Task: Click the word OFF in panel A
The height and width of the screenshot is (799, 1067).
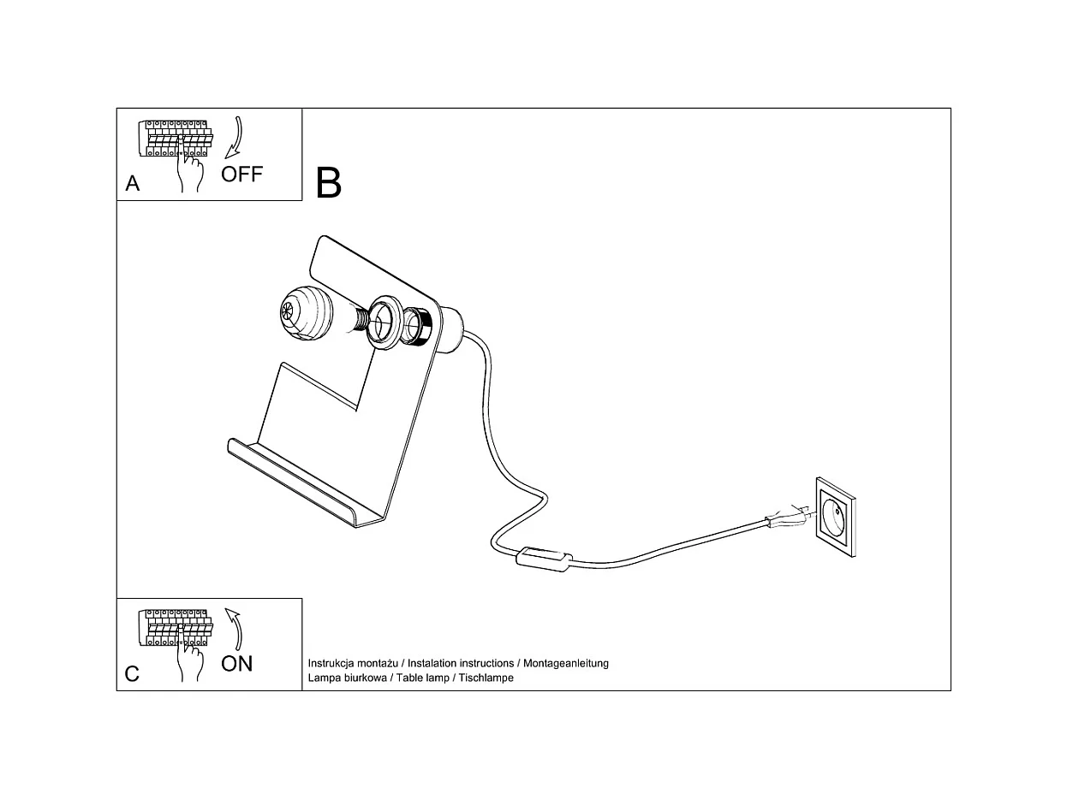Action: pyautogui.click(x=241, y=175)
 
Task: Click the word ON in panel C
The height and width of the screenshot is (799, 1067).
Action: pyautogui.click(x=237, y=663)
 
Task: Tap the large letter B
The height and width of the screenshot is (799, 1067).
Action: pyautogui.click(x=329, y=183)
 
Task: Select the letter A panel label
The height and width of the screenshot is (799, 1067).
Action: pyautogui.click(x=133, y=183)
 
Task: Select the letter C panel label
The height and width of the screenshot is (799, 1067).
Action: pyautogui.click(x=132, y=674)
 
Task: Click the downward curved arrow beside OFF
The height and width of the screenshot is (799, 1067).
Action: pyautogui.click(x=235, y=137)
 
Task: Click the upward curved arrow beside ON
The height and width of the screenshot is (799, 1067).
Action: pyautogui.click(x=234, y=629)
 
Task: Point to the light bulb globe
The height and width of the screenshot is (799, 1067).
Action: pyautogui.click(x=306, y=312)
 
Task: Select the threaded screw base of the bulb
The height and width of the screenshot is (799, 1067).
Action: pyautogui.click(x=358, y=321)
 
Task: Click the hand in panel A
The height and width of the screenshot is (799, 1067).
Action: pyautogui.click(x=189, y=167)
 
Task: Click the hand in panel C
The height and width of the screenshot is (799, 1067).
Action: pyautogui.click(x=189, y=657)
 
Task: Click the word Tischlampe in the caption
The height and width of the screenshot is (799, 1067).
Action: pyautogui.click(x=486, y=678)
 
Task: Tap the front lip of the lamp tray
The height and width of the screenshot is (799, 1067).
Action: pyautogui.click(x=291, y=483)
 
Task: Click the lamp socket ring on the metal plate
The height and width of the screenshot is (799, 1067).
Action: pyautogui.click(x=384, y=323)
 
